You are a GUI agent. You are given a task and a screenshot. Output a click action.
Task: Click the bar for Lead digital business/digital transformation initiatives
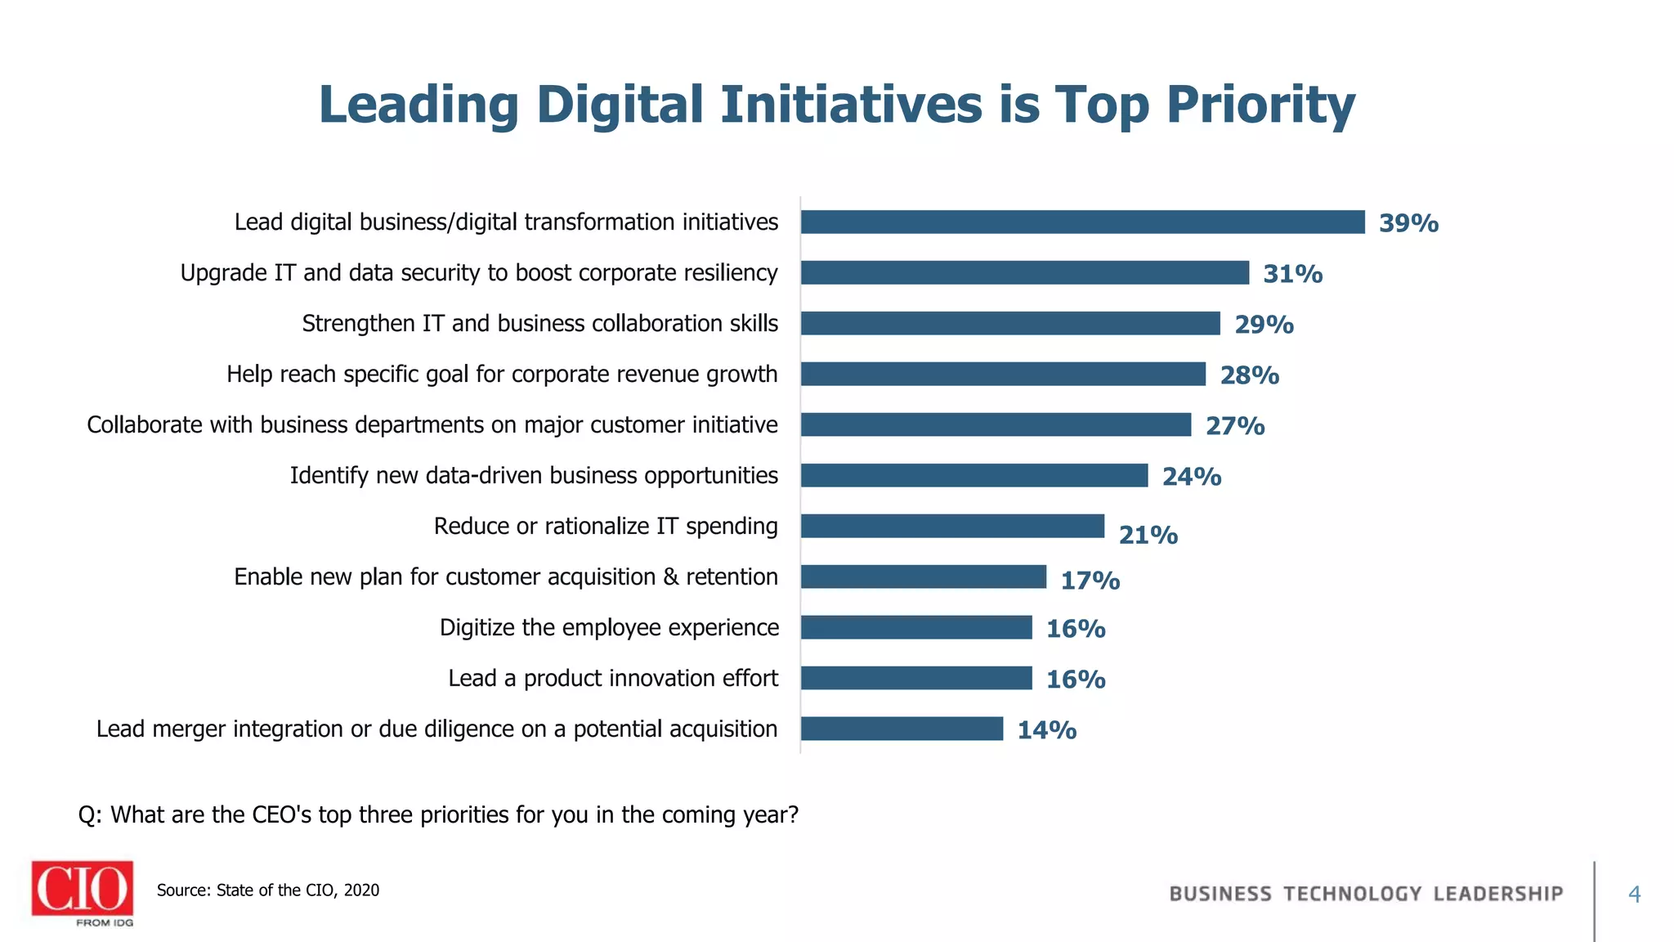click(1082, 222)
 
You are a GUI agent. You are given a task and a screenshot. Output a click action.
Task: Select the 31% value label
click(1292, 274)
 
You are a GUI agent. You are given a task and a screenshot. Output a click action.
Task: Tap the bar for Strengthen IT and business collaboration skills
click(1010, 324)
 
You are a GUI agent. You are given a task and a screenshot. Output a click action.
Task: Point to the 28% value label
click(1249, 375)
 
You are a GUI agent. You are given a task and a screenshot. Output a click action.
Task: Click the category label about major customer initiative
click(432, 425)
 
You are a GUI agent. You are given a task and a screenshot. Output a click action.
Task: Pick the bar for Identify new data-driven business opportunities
click(974, 476)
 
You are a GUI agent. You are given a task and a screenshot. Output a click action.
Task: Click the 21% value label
click(1148, 536)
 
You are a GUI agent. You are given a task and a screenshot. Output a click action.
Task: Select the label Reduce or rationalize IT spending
click(606, 527)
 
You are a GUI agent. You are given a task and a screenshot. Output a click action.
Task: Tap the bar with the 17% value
click(924, 577)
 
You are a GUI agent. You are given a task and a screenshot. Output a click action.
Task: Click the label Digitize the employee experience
click(609, 628)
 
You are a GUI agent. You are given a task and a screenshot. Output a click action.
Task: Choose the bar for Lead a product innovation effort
click(916, 679)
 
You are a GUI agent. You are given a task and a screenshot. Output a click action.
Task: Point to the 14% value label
click(1046, 730)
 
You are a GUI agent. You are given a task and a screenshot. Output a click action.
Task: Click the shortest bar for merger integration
click(902, 729)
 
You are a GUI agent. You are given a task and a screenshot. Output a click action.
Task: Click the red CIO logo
click(83, 889)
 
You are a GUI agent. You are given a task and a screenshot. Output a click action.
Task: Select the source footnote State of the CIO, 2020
click(268, 890)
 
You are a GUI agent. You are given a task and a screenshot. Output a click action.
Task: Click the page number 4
click(1634, 895)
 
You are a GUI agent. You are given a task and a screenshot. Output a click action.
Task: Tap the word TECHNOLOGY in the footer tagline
click(1352, 895)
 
